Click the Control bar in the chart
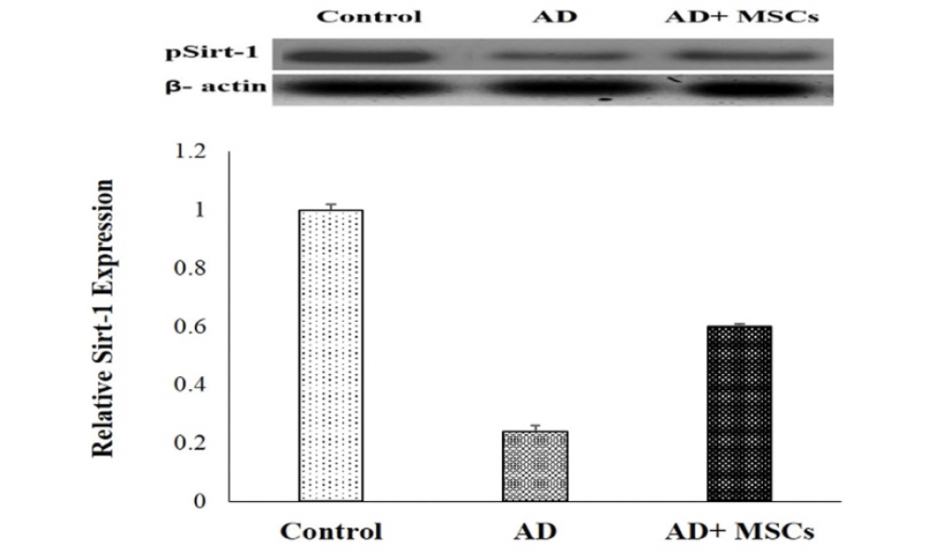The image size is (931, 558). [330, 355]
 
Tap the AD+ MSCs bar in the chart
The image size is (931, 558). [739, 412]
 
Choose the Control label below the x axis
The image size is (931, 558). [330, 533]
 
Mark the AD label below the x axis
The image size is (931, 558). [535, 533]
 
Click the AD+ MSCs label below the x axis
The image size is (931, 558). [741, 533]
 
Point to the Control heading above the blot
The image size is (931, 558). [369, 16]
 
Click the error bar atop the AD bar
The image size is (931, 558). [535, 427]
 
